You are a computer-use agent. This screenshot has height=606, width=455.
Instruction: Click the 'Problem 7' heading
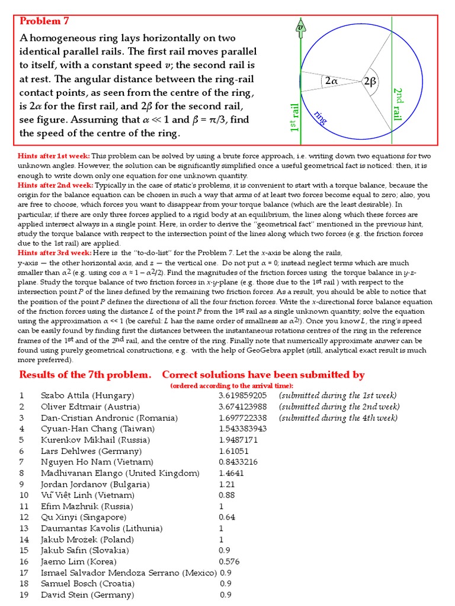coord(45,21)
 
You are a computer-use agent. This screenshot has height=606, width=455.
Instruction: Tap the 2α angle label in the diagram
coord(331,82)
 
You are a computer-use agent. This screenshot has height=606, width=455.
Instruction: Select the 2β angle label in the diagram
coord(370,82)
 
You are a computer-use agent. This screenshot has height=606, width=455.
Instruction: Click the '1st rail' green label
coord(294,118)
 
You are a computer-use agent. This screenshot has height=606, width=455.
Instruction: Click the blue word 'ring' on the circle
coord(321,117)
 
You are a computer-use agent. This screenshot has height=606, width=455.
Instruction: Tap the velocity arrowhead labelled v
coord(300,27)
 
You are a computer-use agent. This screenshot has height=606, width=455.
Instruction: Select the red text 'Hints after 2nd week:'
coord(55,185)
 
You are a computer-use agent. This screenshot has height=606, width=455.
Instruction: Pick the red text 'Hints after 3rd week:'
coord(55,253)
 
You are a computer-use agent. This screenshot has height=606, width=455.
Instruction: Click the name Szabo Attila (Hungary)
coord(87,395)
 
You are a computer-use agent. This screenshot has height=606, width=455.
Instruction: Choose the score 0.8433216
coord(238,462)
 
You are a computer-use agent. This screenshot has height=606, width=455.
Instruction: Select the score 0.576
coord(229,561)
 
